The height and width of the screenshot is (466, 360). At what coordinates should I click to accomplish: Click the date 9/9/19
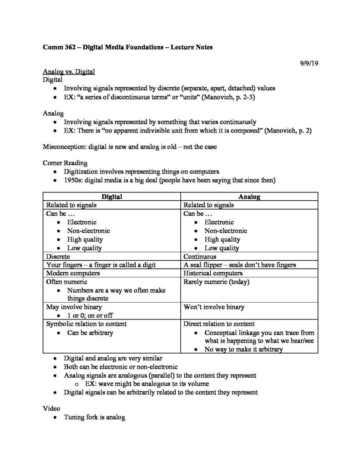click(308, 63)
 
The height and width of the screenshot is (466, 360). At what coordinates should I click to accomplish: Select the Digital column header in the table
click(112, 197)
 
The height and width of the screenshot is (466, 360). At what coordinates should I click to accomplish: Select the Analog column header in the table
click(249, 197)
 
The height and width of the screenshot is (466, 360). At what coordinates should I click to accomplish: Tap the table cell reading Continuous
click(200, 256)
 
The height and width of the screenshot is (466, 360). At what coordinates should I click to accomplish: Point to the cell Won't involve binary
click(213, 307)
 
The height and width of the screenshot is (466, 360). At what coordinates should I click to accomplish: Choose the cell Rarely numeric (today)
click(216, 282)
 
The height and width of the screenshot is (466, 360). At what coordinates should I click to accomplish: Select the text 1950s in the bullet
click(73, 180)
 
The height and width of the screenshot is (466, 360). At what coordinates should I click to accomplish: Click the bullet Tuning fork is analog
click(94, 417)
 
